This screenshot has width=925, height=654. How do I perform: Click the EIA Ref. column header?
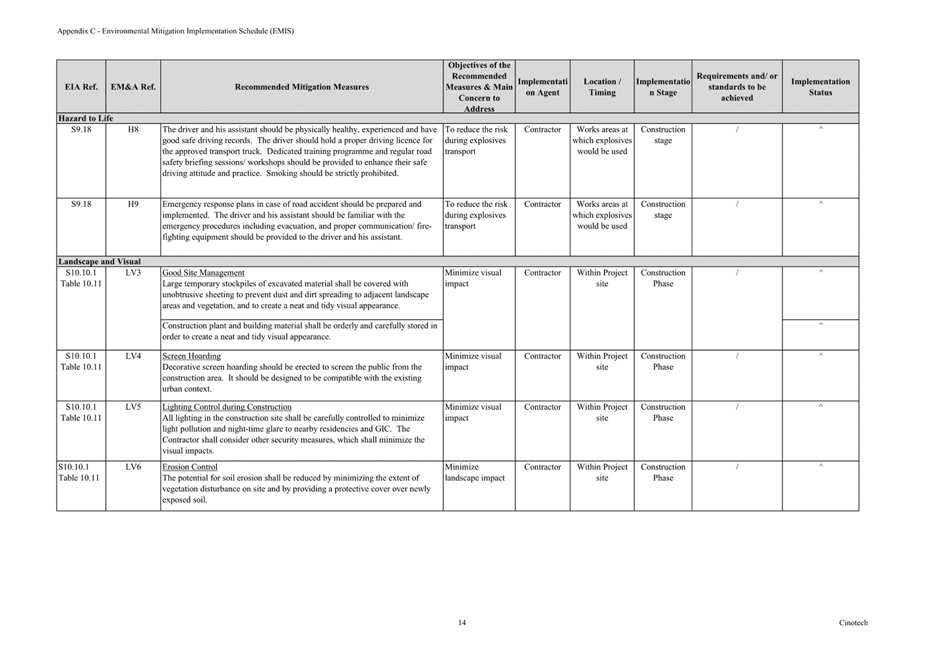pos(81,87)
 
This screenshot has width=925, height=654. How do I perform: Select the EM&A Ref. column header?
pos(133,87)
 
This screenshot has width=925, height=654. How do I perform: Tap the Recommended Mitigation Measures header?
pos(301,87)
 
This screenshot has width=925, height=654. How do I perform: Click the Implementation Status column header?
pos(820,87)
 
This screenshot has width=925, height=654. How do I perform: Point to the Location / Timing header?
pos(602,87)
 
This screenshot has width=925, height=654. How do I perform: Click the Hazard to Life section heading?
pos(86,119)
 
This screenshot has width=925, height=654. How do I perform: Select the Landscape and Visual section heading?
pos(100,262)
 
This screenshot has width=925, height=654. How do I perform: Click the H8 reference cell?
pos(133,130)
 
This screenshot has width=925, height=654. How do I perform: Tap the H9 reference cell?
pos(133,204)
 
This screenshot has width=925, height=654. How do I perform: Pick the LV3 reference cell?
pos(133,273)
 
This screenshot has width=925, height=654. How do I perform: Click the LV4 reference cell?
pos(133,357)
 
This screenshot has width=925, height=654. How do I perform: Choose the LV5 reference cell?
pos(133,407)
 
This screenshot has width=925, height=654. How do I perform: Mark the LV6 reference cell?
pos(133,467)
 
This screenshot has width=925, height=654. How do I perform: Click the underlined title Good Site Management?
pos(203,273)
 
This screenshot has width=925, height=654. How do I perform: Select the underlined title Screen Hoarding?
pos(191,357)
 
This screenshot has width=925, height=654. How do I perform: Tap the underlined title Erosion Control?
pos(190,467)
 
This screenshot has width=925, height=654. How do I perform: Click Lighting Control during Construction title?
pos(227,407)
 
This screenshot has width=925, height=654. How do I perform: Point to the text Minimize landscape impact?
pos(475,473)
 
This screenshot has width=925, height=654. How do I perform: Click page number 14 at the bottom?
pos(462,623)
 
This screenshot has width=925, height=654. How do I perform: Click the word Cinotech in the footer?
pos(853,623)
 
